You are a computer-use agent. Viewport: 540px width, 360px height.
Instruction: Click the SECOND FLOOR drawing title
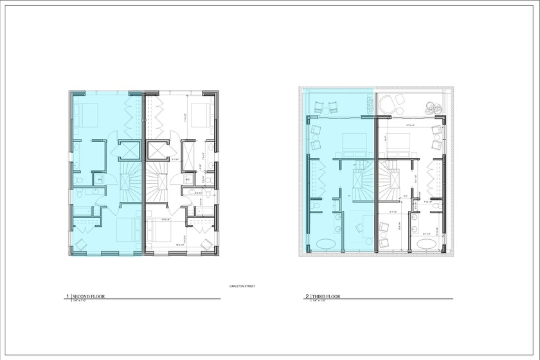point(88,296)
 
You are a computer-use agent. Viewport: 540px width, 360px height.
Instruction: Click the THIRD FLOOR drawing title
point(327,296)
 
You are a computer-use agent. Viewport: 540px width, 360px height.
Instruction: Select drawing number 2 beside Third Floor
point(307,296)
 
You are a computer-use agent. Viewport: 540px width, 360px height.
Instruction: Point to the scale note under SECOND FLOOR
point(79,301)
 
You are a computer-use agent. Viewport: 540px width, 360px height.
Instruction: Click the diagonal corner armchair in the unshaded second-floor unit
point(205,243)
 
